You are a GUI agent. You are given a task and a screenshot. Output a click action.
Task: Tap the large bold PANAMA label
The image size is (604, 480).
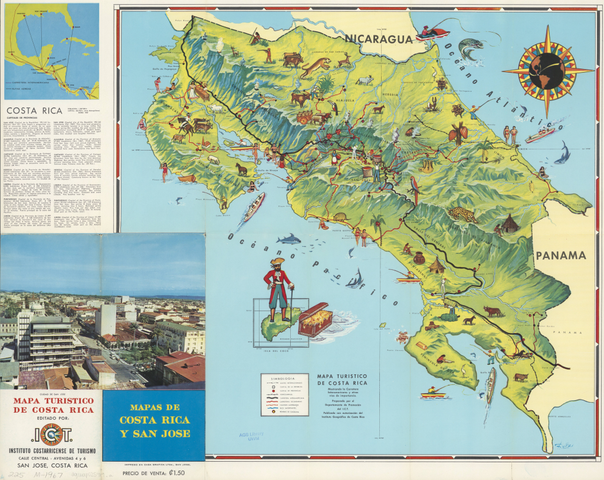click(x=560, y=256)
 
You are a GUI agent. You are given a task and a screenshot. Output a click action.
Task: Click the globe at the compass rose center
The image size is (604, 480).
click(x=547, y=70)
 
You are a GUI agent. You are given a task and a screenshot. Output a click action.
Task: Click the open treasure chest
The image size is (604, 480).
click(x=315, y=319)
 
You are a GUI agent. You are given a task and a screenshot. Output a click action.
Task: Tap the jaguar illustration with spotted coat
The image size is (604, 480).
click(x=462, y=215)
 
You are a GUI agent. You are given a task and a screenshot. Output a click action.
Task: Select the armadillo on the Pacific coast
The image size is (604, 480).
click(x=340, y=217)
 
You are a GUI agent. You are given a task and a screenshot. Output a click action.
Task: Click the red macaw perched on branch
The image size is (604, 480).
click(x=415, y=189)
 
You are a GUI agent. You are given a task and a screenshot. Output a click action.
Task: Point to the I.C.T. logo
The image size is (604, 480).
click(x=51, y=434)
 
